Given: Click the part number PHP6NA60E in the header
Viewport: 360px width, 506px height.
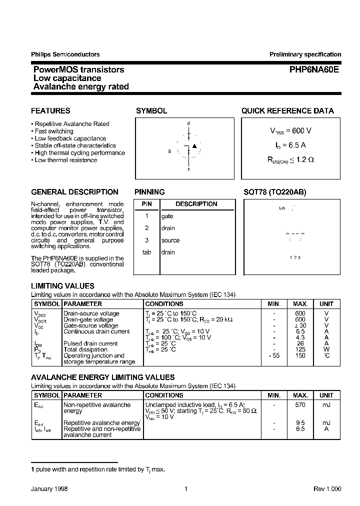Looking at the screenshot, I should (314, 70).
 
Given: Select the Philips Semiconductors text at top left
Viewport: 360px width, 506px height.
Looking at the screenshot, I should (65, 54).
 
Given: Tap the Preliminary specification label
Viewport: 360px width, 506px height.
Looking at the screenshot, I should (305, 54).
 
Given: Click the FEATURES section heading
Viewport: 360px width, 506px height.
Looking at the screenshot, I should (50, 111).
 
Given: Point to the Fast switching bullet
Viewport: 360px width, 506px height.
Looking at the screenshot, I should (54, 131).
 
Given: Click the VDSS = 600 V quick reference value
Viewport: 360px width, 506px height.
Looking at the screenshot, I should (290, 131).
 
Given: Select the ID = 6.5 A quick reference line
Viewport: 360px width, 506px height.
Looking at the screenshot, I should (290, 145).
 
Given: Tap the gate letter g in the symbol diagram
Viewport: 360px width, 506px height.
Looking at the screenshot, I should (169, 150).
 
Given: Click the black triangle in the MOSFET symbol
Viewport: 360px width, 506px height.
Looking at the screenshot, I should (195, 146).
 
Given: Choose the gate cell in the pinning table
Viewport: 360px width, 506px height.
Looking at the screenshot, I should (167, 216).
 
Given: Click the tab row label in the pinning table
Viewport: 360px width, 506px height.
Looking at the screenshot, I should (146, 252).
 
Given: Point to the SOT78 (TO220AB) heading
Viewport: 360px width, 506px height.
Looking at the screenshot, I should (274, 192).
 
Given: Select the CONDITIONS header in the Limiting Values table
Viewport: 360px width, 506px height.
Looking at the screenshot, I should (164, 303).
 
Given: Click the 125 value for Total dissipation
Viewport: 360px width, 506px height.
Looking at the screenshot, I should (300, 349).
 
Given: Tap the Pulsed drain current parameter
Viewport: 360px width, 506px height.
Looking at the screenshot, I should (90, 343).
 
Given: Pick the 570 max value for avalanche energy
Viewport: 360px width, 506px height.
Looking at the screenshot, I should (300, 404).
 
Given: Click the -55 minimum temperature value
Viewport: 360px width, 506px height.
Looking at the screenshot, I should (274, 355).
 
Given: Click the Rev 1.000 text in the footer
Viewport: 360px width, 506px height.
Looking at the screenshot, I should (327, 489).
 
